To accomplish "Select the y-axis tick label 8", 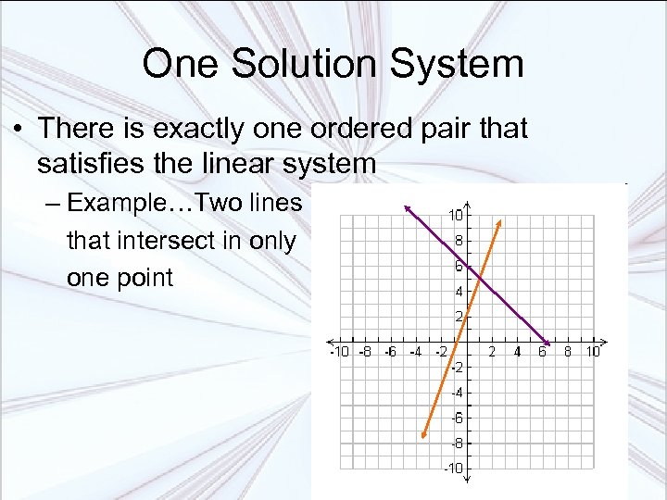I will pos(458,240).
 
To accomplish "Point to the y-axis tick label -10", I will pos(453,469).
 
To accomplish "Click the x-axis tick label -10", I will pos(339,352).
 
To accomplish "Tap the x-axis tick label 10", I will pos(593,352).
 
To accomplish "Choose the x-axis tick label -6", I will pos(391,352).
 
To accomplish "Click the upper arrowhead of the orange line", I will pos(500,222).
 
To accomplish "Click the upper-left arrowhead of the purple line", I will pos(407,207).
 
